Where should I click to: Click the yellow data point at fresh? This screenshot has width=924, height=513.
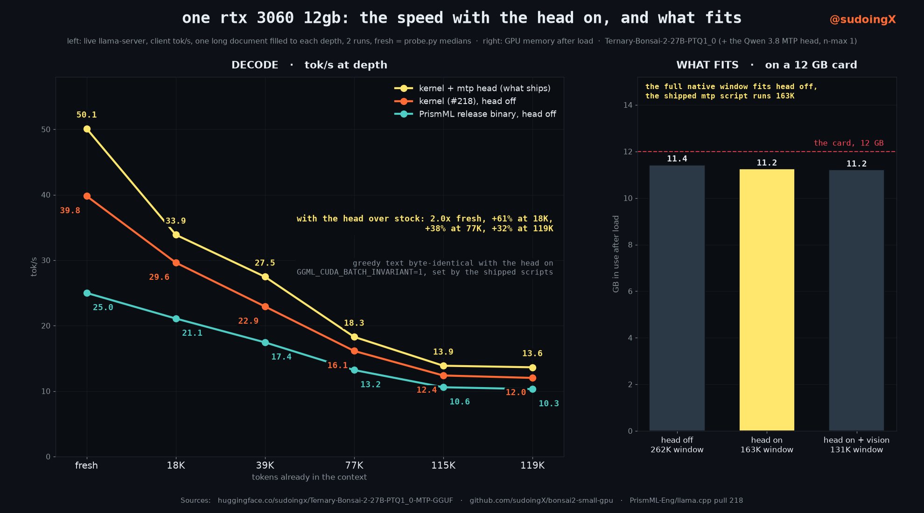(x=87, y=129)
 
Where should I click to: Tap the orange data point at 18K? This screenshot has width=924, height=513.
(x=176, y=263)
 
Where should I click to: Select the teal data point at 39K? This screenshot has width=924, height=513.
(x=265, y=342)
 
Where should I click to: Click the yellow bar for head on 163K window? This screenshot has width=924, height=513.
(x=767, y=300)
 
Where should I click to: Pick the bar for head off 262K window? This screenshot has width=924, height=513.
(x=677, y=298)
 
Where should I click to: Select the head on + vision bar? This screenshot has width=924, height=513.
(x=856, y=300)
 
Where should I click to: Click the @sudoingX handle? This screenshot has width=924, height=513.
(x=862, y=20)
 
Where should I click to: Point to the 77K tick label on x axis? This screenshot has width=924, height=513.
(x=354, y=465)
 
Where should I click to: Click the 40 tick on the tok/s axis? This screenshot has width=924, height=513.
(x=46, y=195)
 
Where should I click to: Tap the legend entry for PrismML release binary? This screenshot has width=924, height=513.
(x=475, y=114)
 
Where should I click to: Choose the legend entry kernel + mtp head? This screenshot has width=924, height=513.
(x=472, y=88)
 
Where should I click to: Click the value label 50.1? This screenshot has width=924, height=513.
(x=86, y=115)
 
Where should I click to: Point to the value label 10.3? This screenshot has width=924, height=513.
(x=548, y=403)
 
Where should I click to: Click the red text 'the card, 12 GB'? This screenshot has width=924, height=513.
(x=848, y=143)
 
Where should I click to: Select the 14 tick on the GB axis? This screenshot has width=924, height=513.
(x=628, y=105)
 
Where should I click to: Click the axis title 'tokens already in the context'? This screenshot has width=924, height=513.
(x=309, y=477)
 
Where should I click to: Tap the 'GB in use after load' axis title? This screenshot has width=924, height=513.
(x=616, y=254)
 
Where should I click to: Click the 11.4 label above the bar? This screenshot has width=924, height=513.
(x=677, y=159)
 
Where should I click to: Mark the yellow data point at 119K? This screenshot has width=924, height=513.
(x=532, y=367)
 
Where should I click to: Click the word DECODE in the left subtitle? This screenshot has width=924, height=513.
(x=255, y=65)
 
